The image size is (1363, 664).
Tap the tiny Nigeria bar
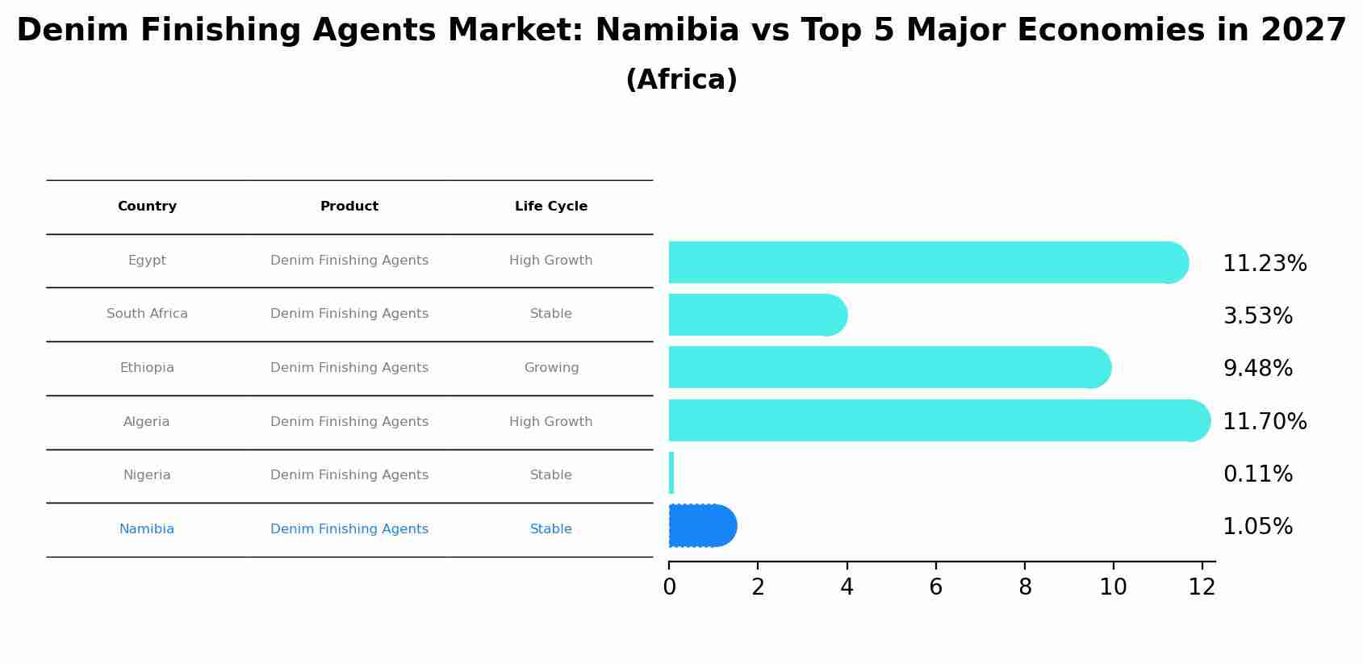pyautogui.click(x=671, y=473)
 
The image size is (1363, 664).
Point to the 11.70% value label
pyautogui.click(x=1265, y=421)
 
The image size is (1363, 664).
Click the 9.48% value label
pyautogui.click(x=1257, y=369)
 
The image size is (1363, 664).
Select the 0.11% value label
pyautogui.click(x=1257, y=474)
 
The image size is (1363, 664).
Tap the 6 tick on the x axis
pyautogui.click(x=935, y=587)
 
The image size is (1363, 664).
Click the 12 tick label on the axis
pyautogui.click(x=1202, y=587)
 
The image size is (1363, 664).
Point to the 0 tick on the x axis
pyautogui.click(x=669, y=587)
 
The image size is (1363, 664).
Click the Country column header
pyautogui.click(x=147, y=207)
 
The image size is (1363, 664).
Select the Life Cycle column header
pyautogui.click(x=551, y=207)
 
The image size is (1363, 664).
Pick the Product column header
pyautogui.click(x=349, y=207)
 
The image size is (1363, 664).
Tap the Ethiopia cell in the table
pyautogui.click(x=147, y=368)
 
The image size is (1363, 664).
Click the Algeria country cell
pyautogui.click(x=147, y=422)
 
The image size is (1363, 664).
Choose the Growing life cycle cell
pyautogui.click(x=551, y=368)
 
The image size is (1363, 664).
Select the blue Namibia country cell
pyautogui.click(x=147, y=529)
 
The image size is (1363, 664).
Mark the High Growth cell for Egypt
pyautogui.click(x=551, y=261)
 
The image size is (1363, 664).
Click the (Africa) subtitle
pyautogui.click(x=681, y=80)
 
